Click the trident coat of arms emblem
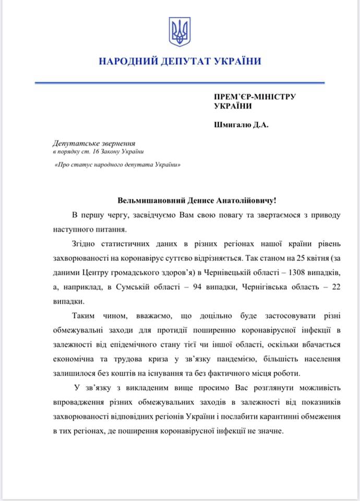click(180, 32)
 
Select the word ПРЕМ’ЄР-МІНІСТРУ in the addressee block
click(255, 97)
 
